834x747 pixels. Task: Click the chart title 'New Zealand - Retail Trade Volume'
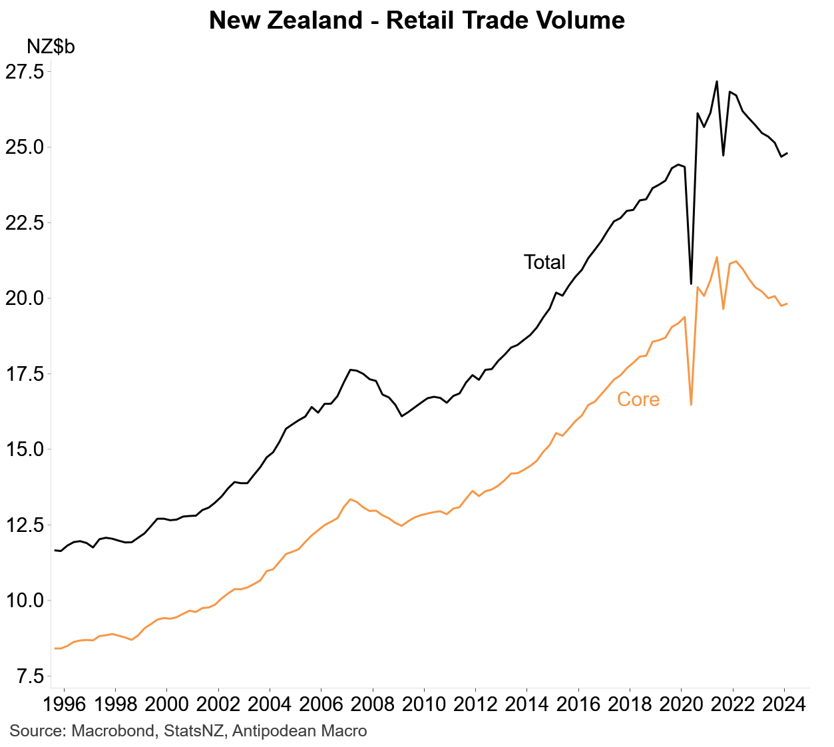coord(417,20)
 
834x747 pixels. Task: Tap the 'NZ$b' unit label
coord(51,47)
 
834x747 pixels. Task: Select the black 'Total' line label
coord(544,262)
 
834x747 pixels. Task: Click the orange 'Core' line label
coord(638,399)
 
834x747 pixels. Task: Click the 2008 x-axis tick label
coord(373,705)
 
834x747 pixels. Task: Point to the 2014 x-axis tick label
coord(526,705)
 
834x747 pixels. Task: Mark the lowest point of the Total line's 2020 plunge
coord(691,284)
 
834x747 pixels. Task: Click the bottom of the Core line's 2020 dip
coord(691,404)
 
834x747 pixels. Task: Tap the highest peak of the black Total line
coord(716,82)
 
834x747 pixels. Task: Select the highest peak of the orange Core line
coord(716,257)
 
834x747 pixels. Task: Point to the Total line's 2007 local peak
coord(351,370)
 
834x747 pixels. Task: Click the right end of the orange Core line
coord(787,304)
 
